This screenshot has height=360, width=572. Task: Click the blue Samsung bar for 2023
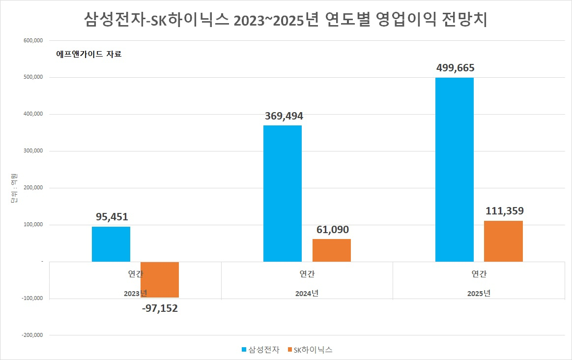(111, 244)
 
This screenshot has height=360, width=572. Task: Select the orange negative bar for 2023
(160, 280)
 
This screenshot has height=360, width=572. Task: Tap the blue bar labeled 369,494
(283, 193)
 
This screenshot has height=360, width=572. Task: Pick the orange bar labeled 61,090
(332, 250)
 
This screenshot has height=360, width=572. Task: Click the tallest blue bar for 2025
(455, 170)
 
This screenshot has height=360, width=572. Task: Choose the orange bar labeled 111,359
(503, 241)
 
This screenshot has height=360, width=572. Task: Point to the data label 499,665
(455, 68)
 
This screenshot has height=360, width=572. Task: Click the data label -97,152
(160, 308)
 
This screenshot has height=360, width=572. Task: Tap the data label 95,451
(112, 217)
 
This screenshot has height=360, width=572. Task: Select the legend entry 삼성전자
(260, 350)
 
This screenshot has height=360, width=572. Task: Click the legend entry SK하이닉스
(310, 350)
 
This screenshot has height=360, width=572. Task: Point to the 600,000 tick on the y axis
(33, 40)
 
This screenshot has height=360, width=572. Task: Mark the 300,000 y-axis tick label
(33, 151)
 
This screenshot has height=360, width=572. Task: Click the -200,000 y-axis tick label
(32, 335)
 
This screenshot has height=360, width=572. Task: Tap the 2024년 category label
(307, 294)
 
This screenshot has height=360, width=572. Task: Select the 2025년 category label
(479, 294)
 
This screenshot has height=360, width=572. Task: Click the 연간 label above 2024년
(307, 274)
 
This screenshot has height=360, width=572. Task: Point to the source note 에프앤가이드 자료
(88, 54)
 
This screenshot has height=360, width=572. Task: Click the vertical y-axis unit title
(14, 188)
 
